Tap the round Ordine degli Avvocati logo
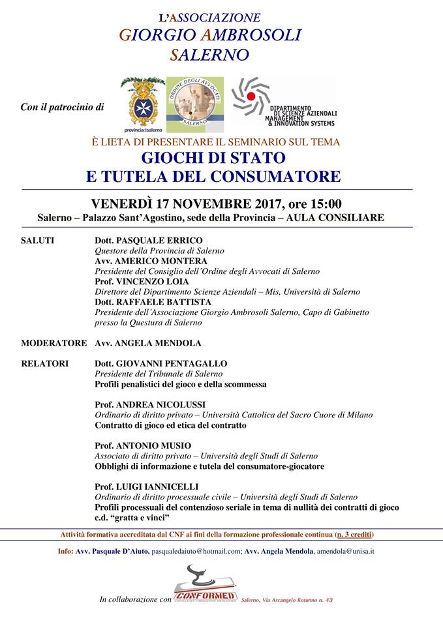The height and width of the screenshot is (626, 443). tap(194, 101)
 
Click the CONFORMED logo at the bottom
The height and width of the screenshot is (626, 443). tap(205, 595)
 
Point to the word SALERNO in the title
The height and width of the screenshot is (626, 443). tap(209, 55)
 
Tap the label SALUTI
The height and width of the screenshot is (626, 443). tap(38, 241)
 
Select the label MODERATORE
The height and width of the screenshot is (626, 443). tap(53, 343)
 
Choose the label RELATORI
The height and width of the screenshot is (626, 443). tap(43, 364)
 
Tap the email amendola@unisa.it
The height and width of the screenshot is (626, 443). tap(345, 552)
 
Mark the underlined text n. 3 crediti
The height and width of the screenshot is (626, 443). tap(353, 535)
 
